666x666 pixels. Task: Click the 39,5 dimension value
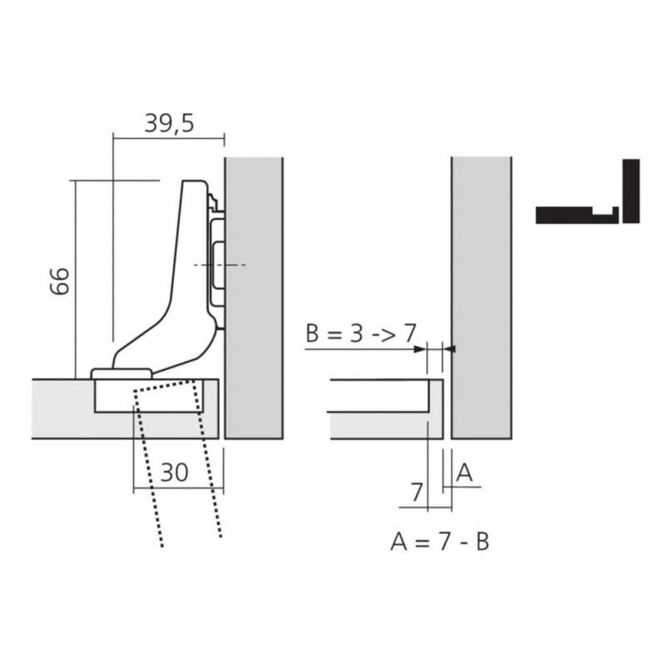click(169, 123)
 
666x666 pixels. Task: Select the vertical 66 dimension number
click(59, 281)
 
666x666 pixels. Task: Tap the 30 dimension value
click(175, 472)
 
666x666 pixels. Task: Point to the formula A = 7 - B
click(440, 541)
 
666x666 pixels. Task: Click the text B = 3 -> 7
click(360, 335)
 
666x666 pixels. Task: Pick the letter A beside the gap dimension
click(464, 473)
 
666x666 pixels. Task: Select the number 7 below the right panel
click(416, 492)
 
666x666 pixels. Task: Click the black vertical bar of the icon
click(631, 191)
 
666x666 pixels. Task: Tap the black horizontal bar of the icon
click(572, 215)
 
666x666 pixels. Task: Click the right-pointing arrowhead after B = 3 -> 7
click(420, 349)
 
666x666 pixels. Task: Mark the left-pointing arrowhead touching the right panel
click(450, 349)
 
